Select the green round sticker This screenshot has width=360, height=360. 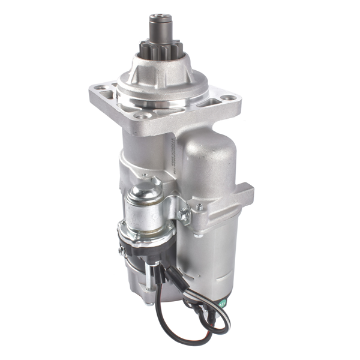click(220, 303)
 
